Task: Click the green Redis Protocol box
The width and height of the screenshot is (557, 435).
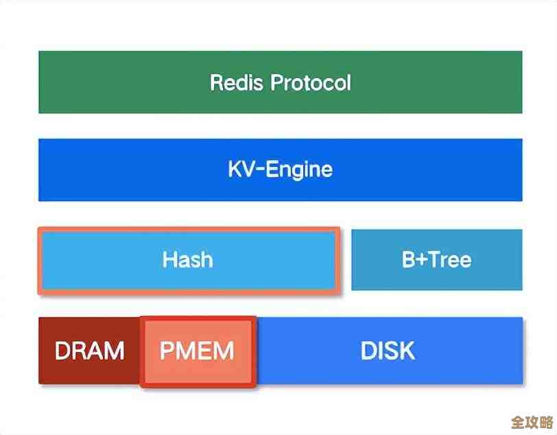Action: point(280,82)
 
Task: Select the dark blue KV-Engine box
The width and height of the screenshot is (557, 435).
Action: point(280,169)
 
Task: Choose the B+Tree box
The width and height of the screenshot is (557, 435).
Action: point(436,259)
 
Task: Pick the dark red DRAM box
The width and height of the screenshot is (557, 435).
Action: point(89,351)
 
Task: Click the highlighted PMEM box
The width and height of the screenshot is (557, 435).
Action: point(198,351)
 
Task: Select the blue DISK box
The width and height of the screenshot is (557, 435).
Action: point(388,351)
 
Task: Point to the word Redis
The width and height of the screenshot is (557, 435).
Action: point(237,83)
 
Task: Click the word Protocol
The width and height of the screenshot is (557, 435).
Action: point(311,83)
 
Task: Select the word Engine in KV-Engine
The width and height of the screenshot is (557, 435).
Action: point(299,170)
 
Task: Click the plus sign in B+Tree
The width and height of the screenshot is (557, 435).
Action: point(420,260)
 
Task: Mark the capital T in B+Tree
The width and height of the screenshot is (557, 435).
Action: point(434,260)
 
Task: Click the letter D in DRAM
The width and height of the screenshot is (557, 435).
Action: point(62,351)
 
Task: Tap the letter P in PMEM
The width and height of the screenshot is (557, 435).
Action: point(167,351)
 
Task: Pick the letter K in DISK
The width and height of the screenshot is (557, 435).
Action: point(407,351)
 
